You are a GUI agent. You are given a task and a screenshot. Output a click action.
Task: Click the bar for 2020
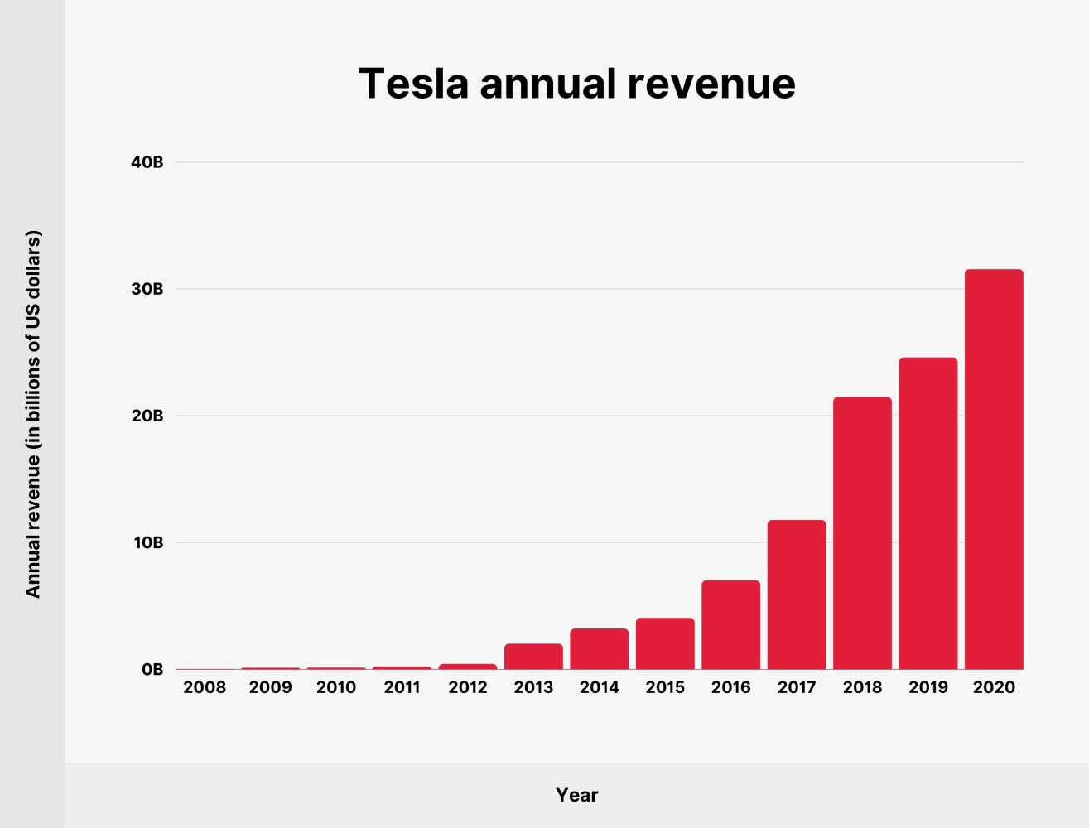point(994,469)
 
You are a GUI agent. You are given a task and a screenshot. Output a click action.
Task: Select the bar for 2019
point(928,513)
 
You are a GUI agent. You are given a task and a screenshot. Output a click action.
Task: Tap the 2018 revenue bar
point(862,533)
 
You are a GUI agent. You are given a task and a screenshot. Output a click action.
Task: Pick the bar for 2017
point(797,595)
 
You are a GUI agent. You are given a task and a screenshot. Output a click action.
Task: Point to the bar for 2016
point(730,625)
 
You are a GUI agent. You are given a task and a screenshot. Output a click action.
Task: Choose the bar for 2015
point(665,643)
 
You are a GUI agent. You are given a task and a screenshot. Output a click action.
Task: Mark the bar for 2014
point(600,649)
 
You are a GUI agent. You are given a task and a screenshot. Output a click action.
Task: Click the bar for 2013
point(533,657)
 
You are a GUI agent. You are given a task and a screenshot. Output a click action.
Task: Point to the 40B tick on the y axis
point(147,162)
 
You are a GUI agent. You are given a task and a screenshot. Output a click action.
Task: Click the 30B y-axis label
point(147,289)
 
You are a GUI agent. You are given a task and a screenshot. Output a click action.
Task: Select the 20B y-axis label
point(147,416)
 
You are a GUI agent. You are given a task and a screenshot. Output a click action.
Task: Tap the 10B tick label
point(147,543)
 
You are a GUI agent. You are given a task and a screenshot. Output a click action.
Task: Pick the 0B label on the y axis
point(152,670)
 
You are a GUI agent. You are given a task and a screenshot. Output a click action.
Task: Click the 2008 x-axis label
point(205,687)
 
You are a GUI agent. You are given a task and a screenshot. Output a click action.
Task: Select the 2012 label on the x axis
point(468,687)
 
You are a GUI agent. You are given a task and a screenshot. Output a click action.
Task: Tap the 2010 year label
point(336,687)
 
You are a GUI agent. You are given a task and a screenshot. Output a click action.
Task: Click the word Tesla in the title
point(413,84)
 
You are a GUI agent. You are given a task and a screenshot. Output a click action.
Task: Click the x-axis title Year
point(577,795)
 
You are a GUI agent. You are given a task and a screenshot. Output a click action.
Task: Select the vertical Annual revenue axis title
point(32,414)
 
